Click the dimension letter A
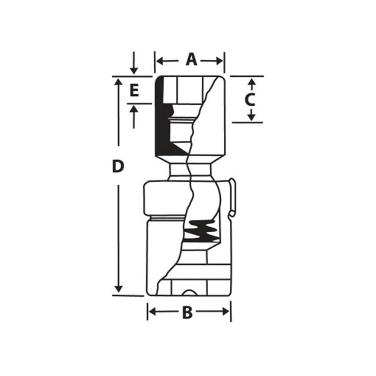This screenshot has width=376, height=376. click(191, 60)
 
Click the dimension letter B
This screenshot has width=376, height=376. click(187, 312)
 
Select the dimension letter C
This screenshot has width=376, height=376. click(250, 99)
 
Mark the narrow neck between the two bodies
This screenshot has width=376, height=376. click(190, 171)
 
